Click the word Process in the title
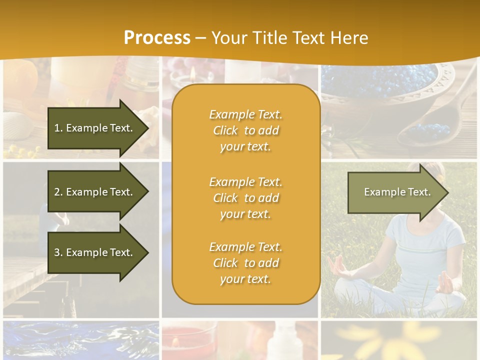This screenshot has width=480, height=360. [x=157, y=38]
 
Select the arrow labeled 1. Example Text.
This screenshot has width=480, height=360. [x=93, y=128]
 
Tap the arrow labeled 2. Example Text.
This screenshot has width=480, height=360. [x=93, y=192]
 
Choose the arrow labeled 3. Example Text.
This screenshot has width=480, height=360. [x=93, y=252]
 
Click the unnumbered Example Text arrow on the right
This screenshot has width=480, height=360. [x=397, y=192]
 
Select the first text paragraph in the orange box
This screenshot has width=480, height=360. [x=245, y=130]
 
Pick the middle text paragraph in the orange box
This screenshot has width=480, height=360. [x=245, y=198]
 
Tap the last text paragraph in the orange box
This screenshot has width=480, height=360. [x=245, y=263]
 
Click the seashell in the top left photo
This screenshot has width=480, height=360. [x=20, y=120]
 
